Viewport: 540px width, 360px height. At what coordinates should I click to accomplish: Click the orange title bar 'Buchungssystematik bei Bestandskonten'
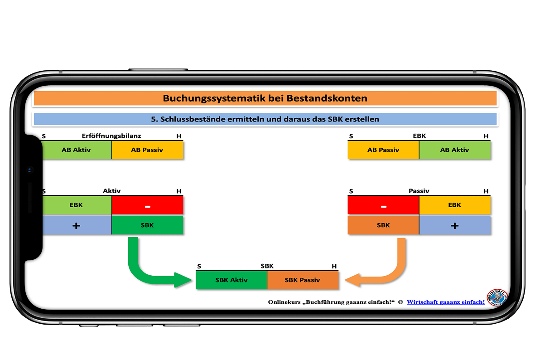click(265, 98)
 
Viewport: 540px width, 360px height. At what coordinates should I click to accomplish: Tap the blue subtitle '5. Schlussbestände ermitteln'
click(265, 119)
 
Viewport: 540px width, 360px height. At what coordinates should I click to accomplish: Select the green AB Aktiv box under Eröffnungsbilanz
click(77, 150)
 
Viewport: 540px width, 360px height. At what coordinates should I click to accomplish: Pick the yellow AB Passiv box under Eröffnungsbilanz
click(147, 150)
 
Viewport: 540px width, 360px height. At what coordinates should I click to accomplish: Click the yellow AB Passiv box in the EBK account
click(383, 150)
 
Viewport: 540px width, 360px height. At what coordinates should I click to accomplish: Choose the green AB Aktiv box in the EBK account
click(454, 150)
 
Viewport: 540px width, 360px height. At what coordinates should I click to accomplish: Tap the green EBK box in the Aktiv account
click(77, 205)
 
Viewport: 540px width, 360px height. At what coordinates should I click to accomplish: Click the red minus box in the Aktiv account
click(147, 205)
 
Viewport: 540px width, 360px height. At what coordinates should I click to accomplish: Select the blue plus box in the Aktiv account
click(77, 225)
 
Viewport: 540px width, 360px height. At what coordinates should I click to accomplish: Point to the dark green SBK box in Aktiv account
click(147, 225)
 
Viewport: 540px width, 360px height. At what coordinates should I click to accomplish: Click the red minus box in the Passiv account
click(383, 205)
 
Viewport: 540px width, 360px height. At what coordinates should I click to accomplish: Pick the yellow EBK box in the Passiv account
click(454, 205)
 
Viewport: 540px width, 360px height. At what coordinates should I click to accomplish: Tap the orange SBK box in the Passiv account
click(383, 225)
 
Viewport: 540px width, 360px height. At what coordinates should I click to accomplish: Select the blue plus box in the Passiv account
click(454, 225)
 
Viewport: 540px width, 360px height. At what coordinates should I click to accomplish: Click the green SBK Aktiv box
click(231, 280)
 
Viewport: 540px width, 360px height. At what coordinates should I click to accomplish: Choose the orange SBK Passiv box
click(303, 280)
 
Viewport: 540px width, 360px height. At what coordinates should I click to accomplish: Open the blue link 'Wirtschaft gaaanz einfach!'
click(446, 302)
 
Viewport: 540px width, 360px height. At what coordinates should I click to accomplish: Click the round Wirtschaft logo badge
click(497, 297)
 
